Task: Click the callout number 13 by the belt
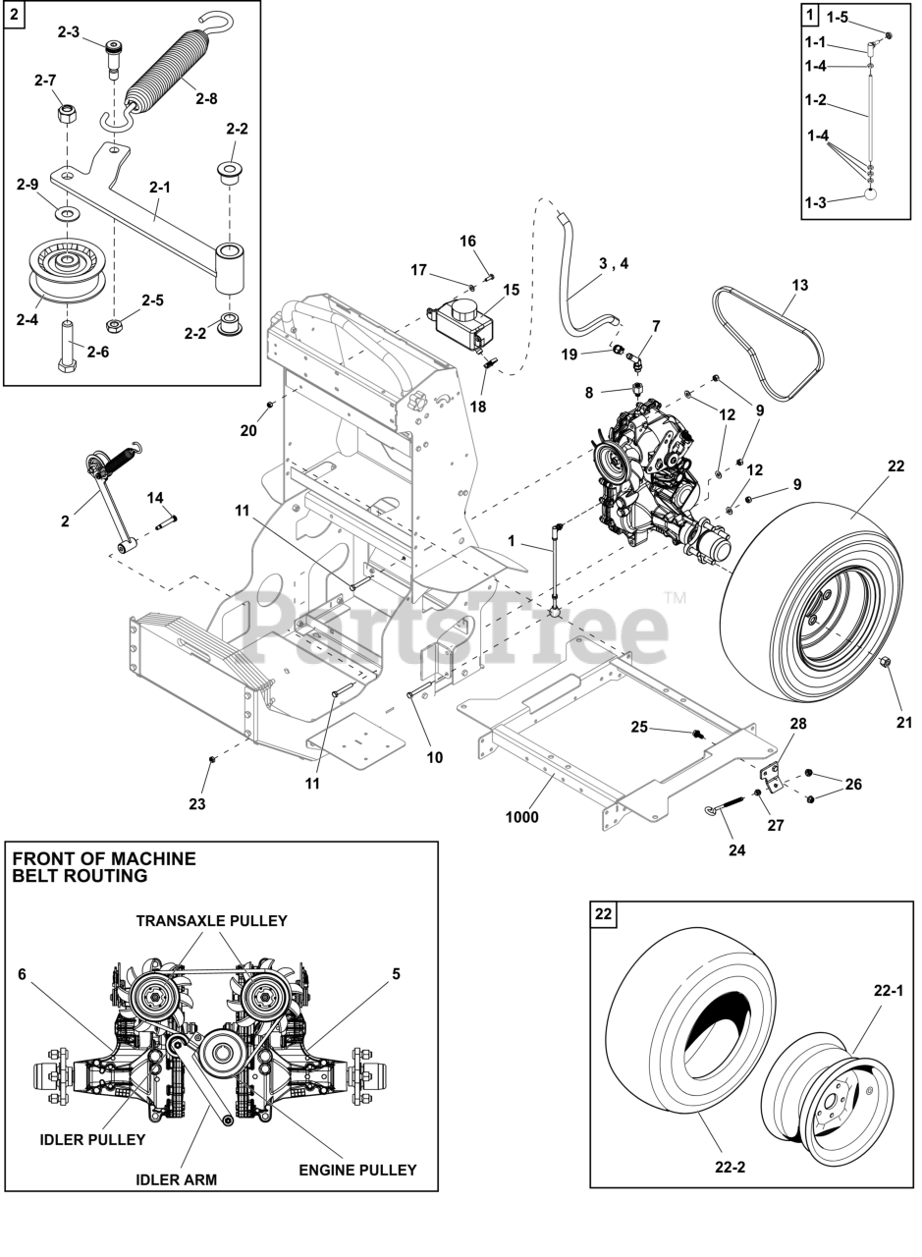[x=799, y=286]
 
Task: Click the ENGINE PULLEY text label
[x=357, y=1170]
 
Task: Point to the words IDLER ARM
[x=177, y=1179]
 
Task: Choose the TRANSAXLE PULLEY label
[x=211, y=920]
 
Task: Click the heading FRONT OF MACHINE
[x=104, y=859]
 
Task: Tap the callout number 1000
[x=521, y=817]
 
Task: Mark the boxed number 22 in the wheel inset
[x=603, y=914]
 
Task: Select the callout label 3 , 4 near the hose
[x=614, y=262]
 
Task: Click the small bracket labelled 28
[x=775, y=773]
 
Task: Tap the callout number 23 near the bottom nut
[x=197, y=803]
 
